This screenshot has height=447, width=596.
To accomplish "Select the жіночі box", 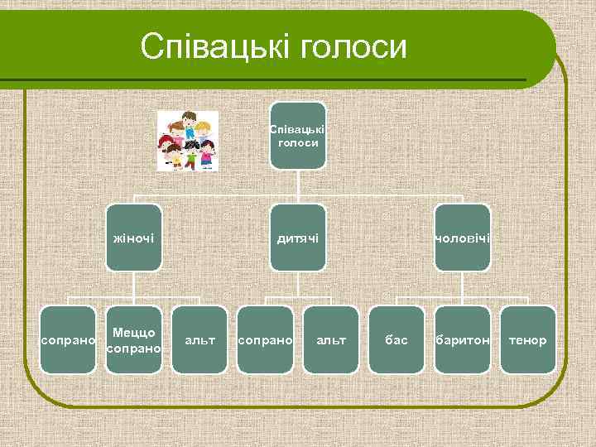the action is pos(133,238).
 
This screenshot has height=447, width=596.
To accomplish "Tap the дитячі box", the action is pos(298,238).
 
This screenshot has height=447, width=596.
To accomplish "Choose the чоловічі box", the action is pos(463,238).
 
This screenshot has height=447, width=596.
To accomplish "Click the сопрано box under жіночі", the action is pos(68,339).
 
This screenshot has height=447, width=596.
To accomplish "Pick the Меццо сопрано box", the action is pos(133,339).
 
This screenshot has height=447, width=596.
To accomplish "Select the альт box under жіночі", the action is pos(199,339).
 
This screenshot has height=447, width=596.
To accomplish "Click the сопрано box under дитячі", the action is pos(265,339).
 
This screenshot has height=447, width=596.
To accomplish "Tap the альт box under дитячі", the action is pos(331,339).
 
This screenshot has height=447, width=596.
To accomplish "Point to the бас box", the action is pos(397,339).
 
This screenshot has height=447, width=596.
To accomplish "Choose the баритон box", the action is pos(463,339).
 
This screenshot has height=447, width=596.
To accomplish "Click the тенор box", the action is pos(528,339).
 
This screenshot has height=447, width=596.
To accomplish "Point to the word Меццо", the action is pos(134,332).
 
